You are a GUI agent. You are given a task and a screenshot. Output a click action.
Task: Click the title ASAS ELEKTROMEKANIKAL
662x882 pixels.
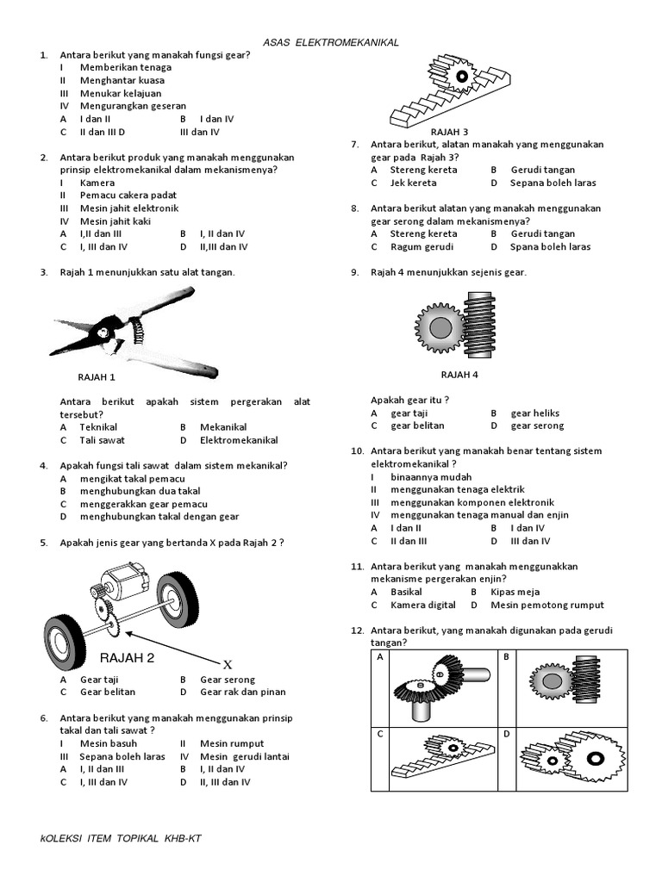(x=330, y=42)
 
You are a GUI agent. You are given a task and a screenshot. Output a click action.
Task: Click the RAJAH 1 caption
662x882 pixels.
(x=96, y=376)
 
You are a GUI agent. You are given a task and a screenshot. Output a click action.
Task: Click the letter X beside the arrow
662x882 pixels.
(x=228, y=665)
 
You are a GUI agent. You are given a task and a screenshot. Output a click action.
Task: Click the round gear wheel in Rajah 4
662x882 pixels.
(x=440, y=327)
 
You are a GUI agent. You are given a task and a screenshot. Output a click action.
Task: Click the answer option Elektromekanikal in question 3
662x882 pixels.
(x=239, y=440)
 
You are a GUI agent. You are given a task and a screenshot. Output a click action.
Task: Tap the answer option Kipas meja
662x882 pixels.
(x=515, y=592)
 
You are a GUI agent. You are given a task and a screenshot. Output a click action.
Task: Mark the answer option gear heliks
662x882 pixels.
(x=534, y=413)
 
